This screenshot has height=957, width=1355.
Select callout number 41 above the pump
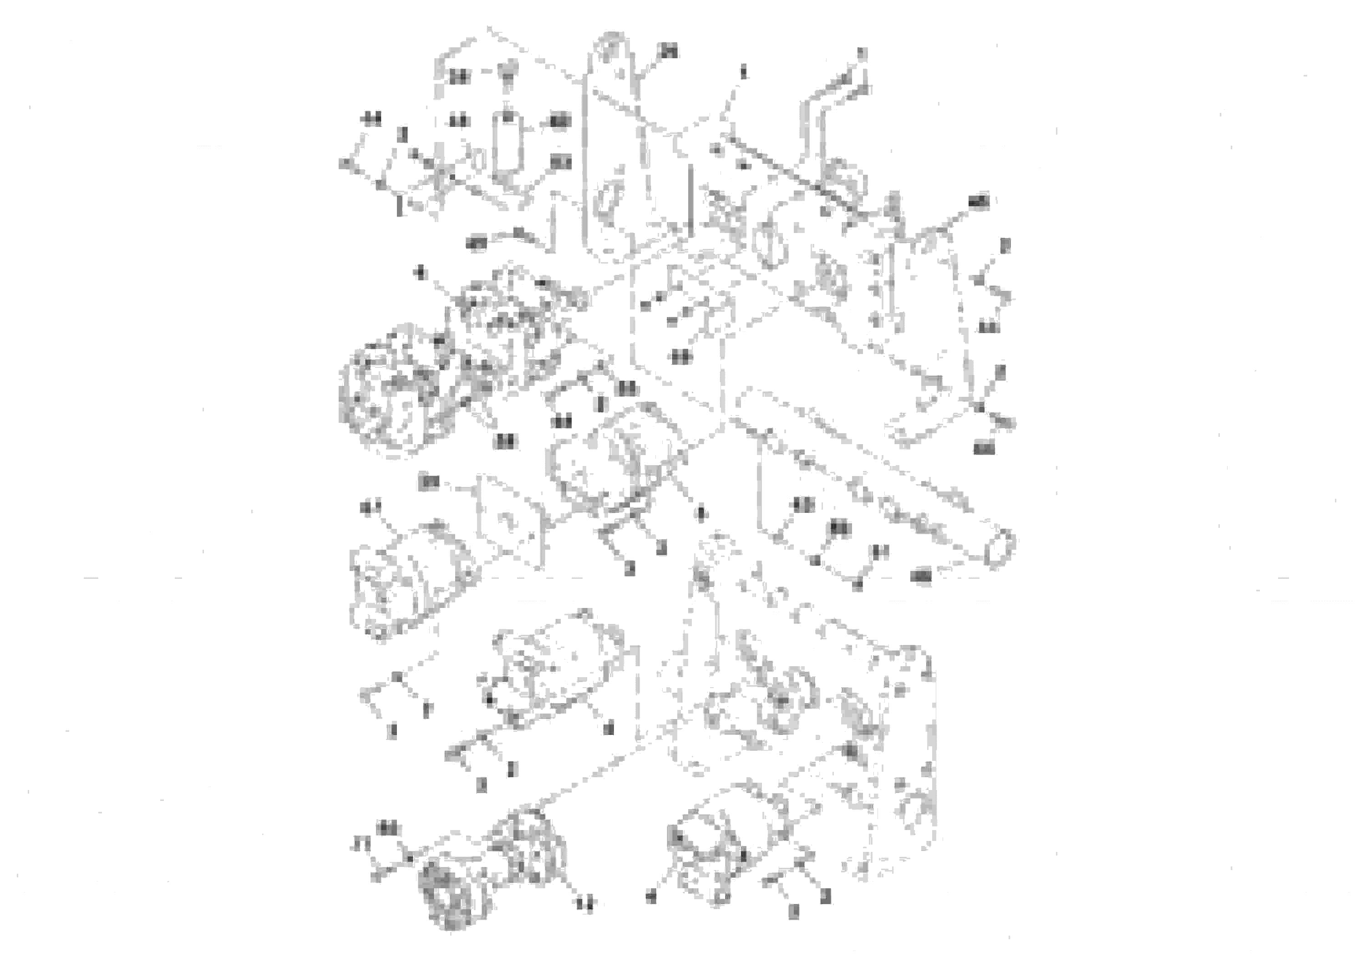pos(370,507)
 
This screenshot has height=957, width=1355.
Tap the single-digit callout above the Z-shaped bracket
pos(862,54)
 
